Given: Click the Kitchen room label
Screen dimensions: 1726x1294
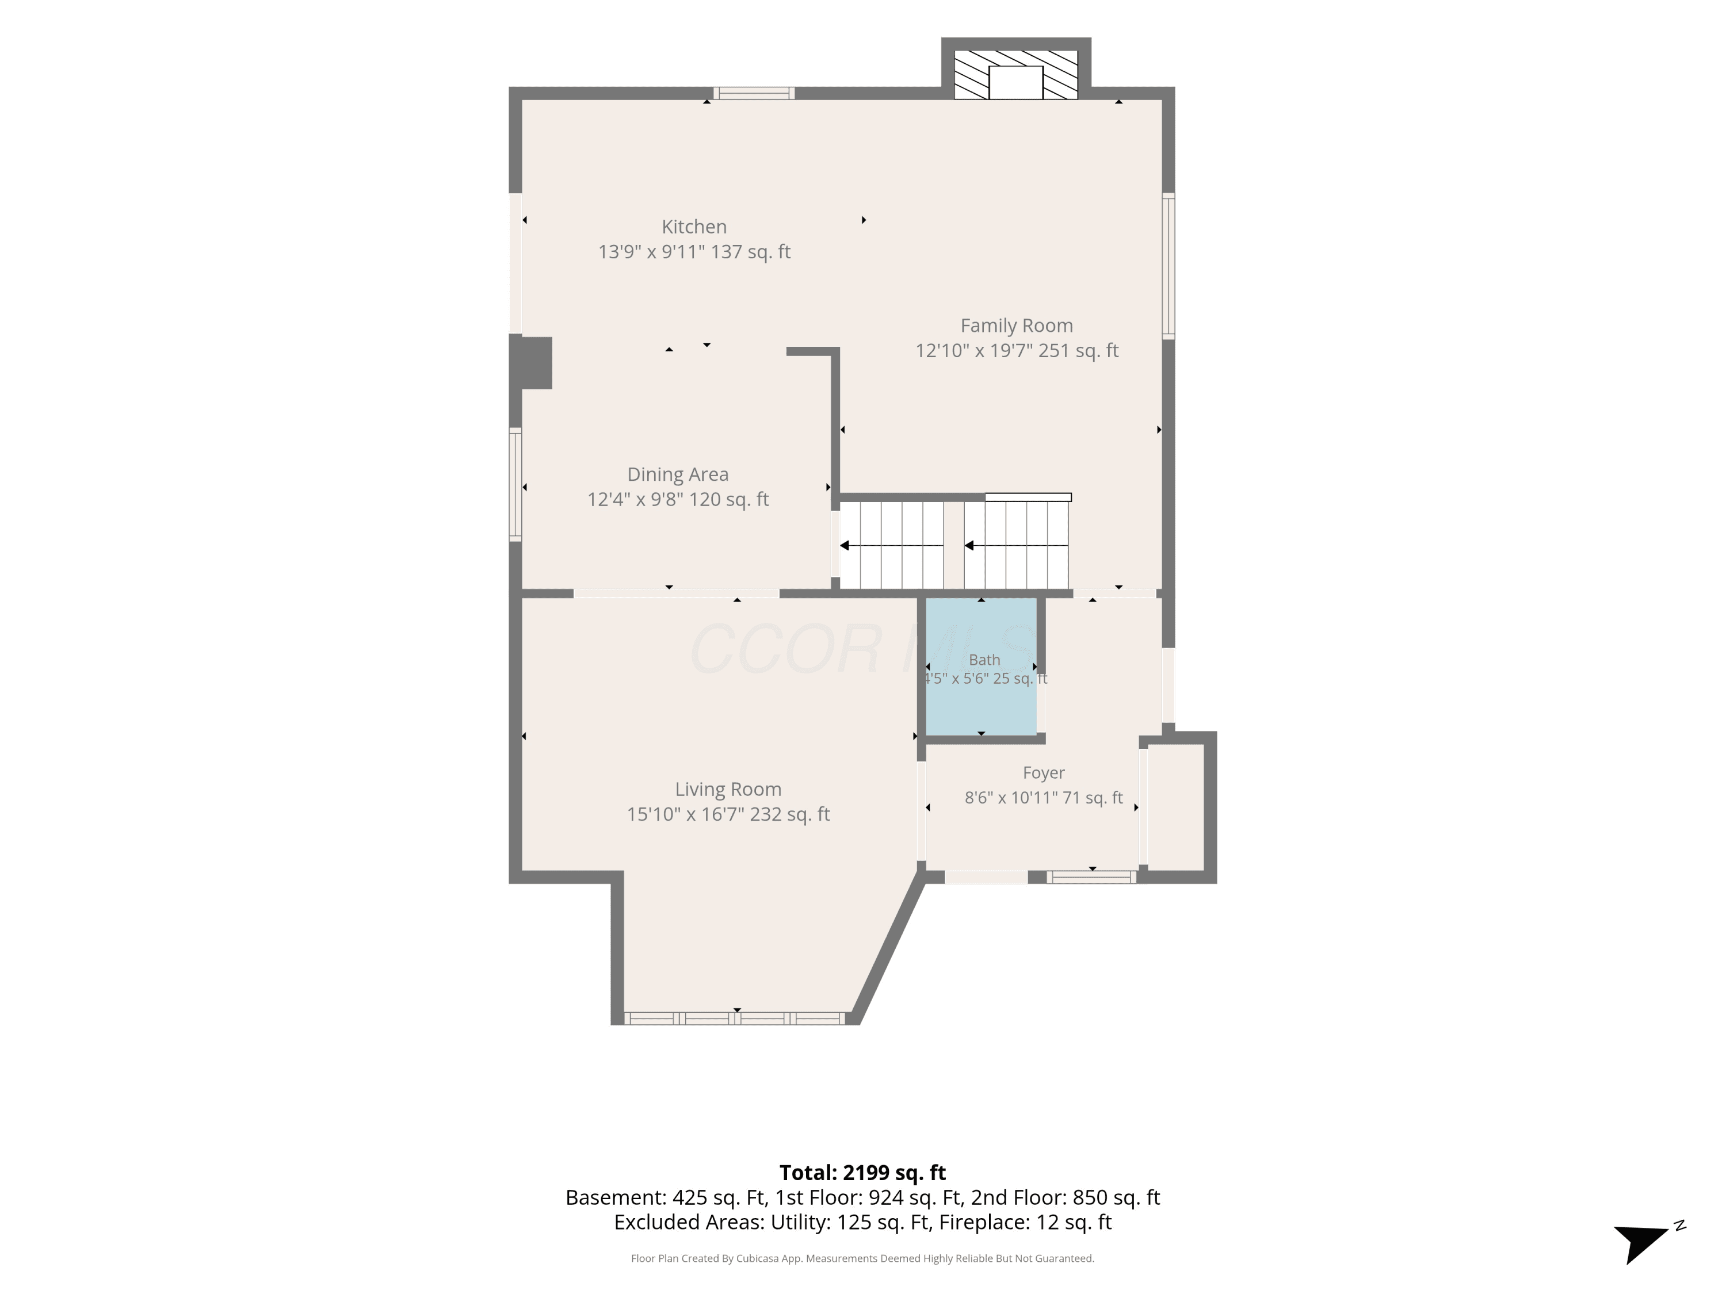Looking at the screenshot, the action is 694,227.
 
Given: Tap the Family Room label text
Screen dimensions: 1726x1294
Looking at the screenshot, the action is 1016,326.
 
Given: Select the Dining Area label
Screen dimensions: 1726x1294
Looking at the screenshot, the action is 677,474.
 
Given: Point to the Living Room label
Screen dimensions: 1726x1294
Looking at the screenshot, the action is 728,790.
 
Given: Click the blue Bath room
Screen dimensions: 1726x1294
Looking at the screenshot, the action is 981,667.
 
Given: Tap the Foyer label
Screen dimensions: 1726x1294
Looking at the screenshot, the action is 1043,773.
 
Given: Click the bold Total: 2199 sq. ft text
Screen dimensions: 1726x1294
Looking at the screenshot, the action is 862,1172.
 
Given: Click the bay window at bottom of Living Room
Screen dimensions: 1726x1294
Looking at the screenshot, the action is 734,1018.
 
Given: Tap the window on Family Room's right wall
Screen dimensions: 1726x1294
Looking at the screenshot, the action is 1168,265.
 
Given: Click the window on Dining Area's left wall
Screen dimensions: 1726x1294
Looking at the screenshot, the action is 515,484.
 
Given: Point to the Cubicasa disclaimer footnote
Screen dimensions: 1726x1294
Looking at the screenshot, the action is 862,1258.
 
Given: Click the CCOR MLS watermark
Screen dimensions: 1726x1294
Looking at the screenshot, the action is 862,649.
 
